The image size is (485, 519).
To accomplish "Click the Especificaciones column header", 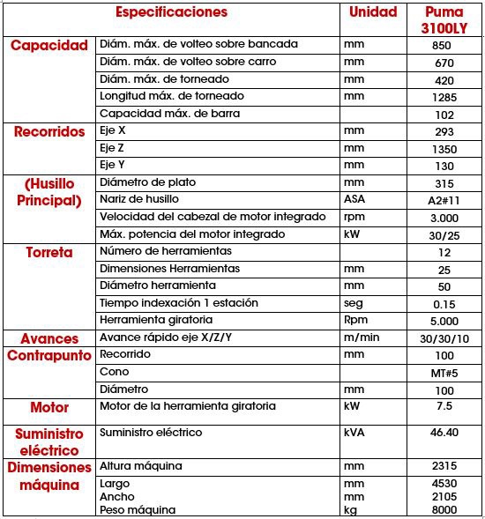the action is point(172,12).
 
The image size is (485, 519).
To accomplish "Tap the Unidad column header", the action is point(373,12).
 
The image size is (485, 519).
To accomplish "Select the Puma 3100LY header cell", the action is point(444,20).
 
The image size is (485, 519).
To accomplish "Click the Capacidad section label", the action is point(49,45).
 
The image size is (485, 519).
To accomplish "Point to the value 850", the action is point(444,45).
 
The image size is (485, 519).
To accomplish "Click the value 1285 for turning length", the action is point(444,97).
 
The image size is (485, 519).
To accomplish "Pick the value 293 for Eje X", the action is point(444,131).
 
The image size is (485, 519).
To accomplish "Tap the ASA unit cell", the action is point(354,199).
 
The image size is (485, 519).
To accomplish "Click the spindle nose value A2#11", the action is point(444,201).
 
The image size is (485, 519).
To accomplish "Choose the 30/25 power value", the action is point(444,235).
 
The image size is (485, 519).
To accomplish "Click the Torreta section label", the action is point(49,252).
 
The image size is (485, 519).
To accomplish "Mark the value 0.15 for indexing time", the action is point(444,304).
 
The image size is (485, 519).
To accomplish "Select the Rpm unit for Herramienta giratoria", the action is point(356,320).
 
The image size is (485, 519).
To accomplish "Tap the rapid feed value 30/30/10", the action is point(444,338).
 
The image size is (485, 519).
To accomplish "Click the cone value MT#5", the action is point(444,373).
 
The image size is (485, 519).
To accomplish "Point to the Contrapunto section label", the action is point(49,356).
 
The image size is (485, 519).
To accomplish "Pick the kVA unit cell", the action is point(354,433).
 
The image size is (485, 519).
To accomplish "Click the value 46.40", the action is point(444,434).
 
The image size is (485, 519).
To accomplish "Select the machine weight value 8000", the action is point(444,510).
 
